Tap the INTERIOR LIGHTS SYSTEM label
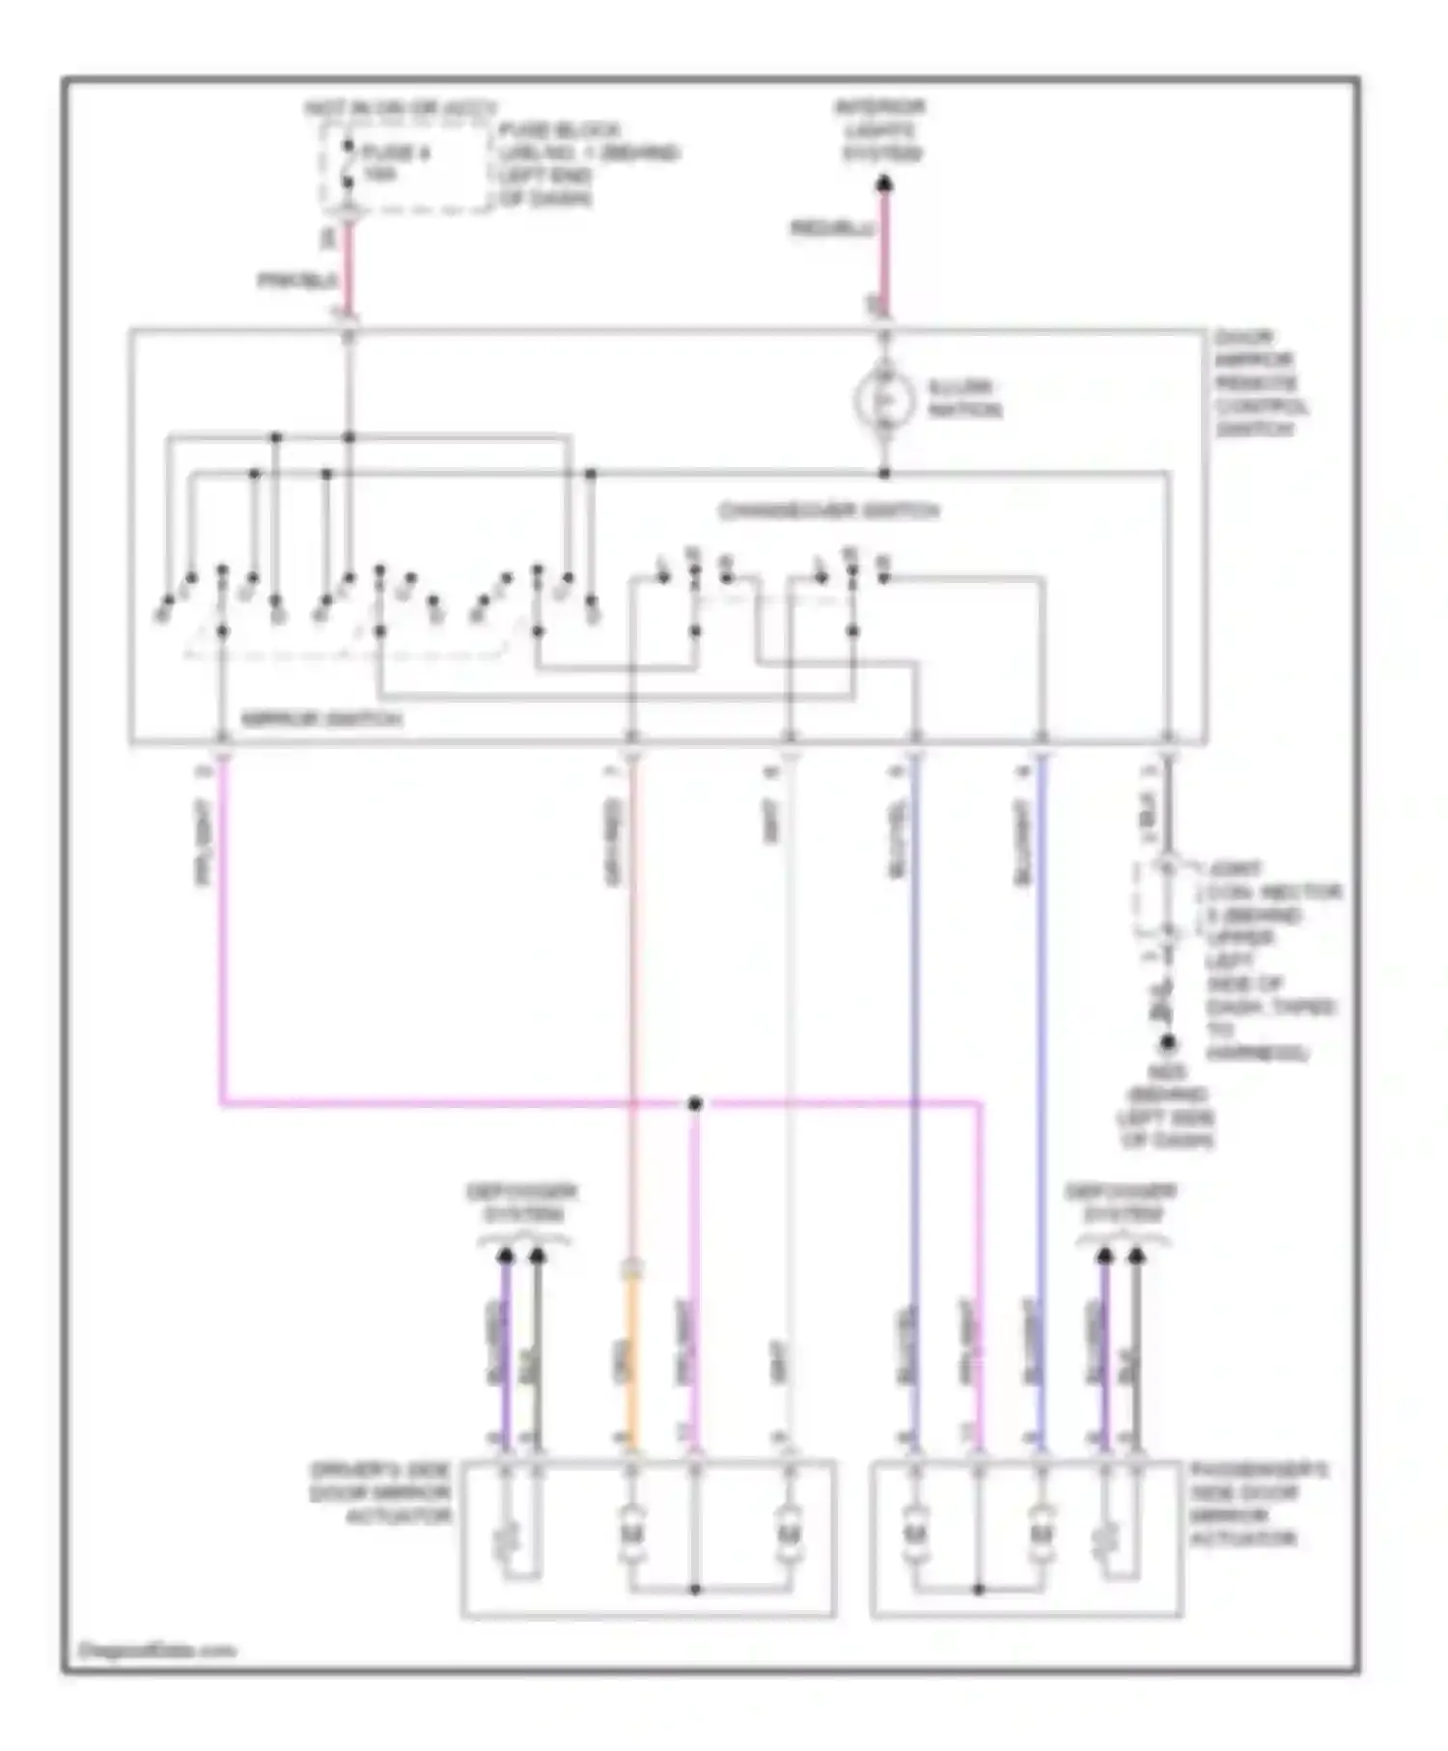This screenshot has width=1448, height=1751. [x=881, y=130]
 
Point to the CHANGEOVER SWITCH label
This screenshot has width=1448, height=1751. [x=828, y=511]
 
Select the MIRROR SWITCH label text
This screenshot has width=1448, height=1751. [x=320, y=719]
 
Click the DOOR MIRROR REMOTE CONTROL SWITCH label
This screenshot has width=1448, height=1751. [x=1261, y=383]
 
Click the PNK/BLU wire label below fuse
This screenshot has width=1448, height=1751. [x=297, y=281]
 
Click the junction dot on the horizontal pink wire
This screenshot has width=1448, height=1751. [x=694, y=1103]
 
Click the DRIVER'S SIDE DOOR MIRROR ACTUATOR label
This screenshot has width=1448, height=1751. [x=380, y=1493]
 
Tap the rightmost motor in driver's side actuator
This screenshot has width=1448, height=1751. [x=789, y=1532]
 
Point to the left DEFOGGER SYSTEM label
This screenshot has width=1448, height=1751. [x=521, y=1203]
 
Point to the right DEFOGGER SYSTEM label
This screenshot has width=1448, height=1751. [x=1121, y=1203]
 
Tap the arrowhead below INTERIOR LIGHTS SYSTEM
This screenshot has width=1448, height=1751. [x=883, y=183]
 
